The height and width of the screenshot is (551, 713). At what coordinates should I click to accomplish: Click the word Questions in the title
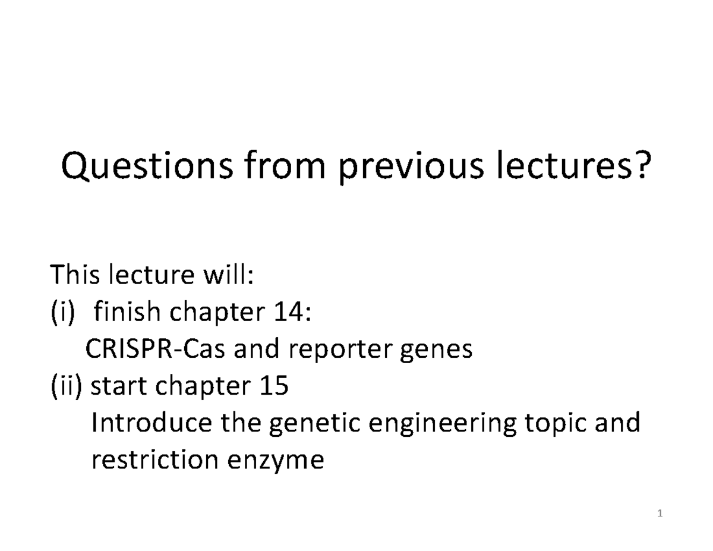point(147,165)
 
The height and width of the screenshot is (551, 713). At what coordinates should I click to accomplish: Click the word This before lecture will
point(74,274)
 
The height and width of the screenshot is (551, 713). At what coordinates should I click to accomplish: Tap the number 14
point(292,311)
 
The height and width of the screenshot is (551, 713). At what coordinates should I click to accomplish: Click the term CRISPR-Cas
point(155,348)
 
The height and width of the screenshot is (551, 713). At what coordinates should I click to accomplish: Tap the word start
point(118,386)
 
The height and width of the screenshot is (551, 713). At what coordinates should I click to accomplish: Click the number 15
point(274,385)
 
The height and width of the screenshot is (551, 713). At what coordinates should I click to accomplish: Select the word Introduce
point(152,422)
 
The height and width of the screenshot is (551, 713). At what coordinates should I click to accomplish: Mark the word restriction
point(155,459)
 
